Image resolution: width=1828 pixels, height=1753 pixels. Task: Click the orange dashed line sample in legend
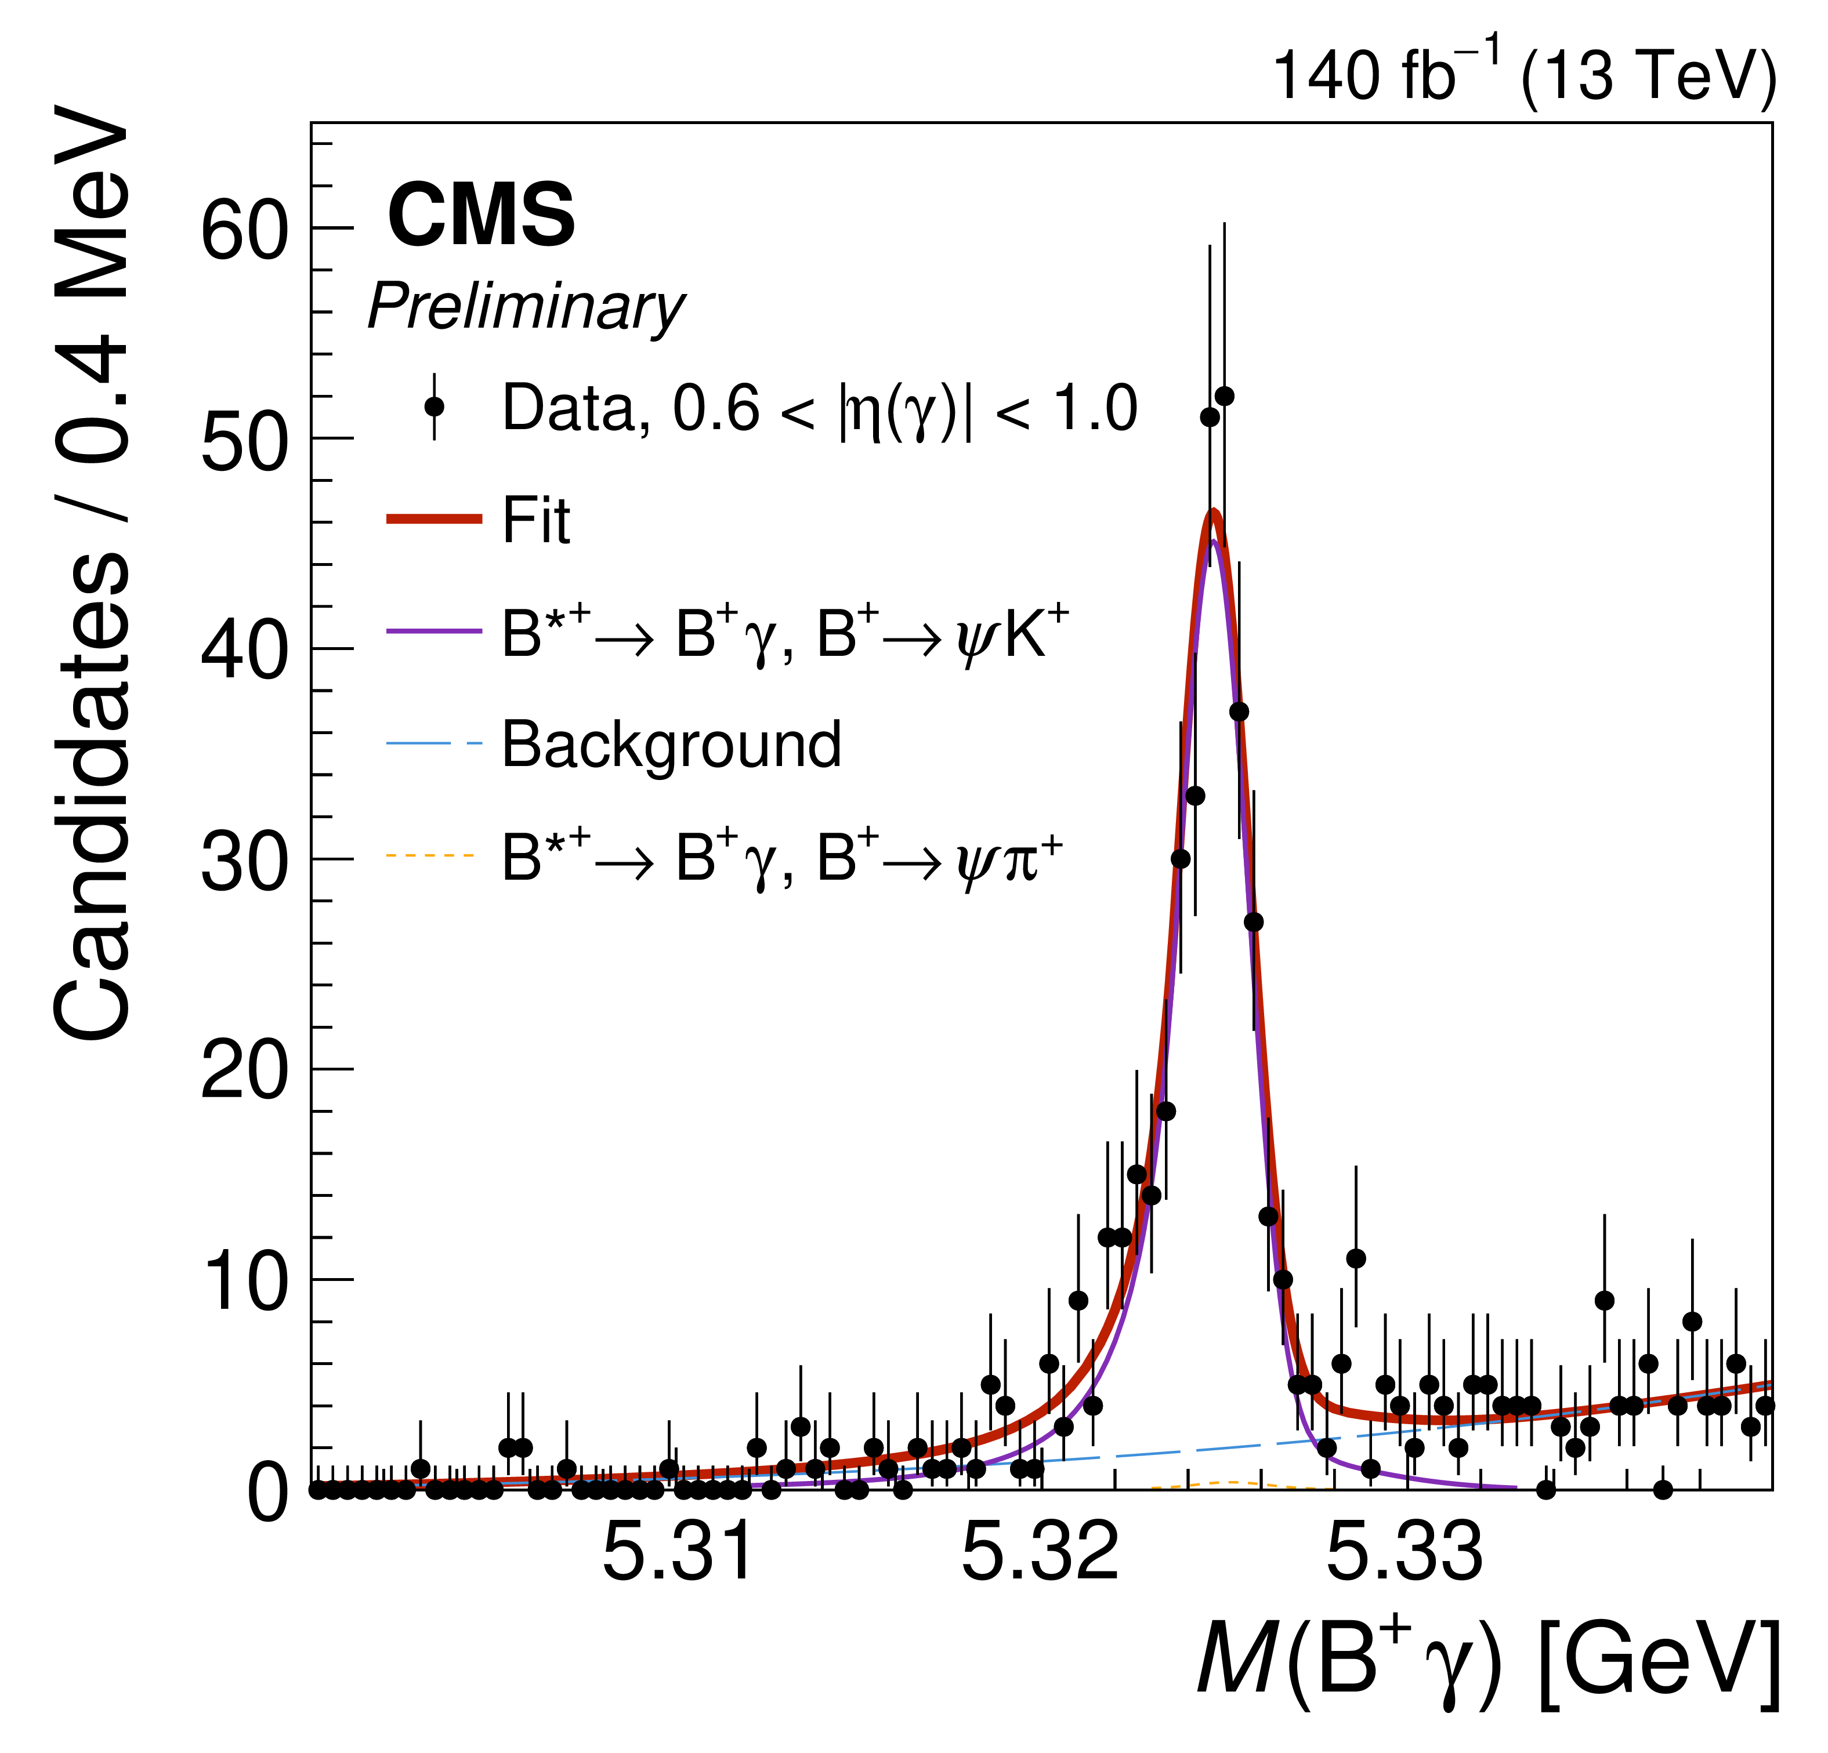tap(432, 855)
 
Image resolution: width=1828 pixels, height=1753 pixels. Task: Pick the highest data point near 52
tap(1225, 396)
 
